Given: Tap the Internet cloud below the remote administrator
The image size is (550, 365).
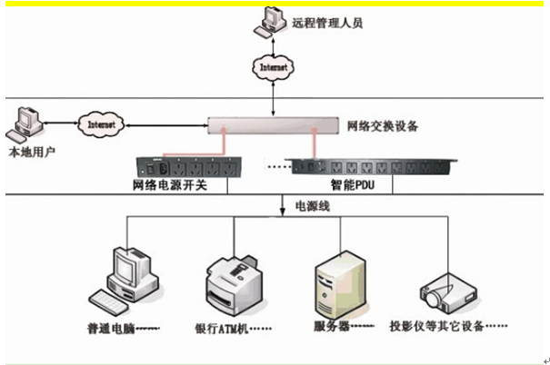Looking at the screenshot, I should pyautogui.click(x=274, y=67).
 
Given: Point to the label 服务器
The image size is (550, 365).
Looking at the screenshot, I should pyautogui.click(x=329, y=326).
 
